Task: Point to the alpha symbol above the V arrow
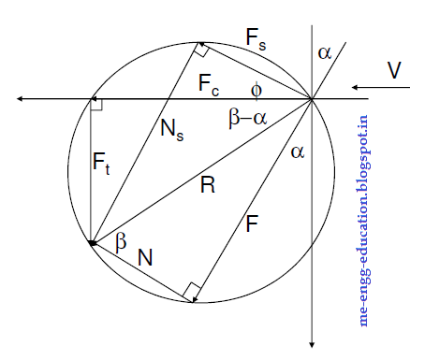[324, 53]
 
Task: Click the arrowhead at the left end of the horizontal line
[11, 98]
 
